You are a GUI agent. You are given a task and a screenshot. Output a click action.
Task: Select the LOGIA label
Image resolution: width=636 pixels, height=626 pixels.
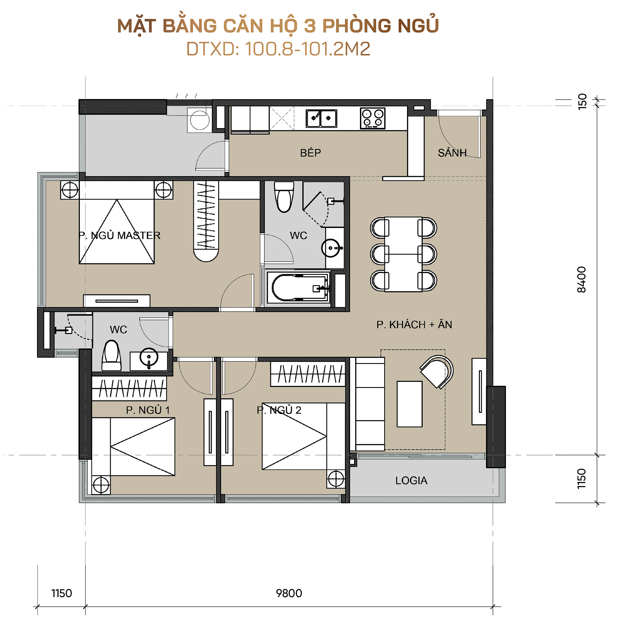point(411,481)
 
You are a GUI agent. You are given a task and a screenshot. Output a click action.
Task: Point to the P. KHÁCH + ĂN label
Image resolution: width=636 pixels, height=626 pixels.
point(414,325)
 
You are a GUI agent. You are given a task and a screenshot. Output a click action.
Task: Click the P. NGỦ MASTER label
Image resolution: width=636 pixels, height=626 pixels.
point(120,235)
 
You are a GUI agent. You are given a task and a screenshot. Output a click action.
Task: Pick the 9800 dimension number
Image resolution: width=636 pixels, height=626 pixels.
point(289,593)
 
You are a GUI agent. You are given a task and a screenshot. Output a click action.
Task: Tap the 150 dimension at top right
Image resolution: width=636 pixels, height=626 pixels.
point(582,102)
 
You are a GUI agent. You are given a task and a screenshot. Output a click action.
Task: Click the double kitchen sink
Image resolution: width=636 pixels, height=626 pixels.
point(321,118)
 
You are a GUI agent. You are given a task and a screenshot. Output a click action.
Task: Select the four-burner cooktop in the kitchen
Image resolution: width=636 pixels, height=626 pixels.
point(372,118)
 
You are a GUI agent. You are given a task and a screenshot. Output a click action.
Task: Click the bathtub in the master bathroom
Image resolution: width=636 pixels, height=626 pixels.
point(298,288)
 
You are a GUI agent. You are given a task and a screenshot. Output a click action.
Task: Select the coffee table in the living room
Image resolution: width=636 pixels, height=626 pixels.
point(409,404)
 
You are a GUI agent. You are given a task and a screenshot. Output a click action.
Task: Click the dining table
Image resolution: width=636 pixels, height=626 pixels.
point(403,254)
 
